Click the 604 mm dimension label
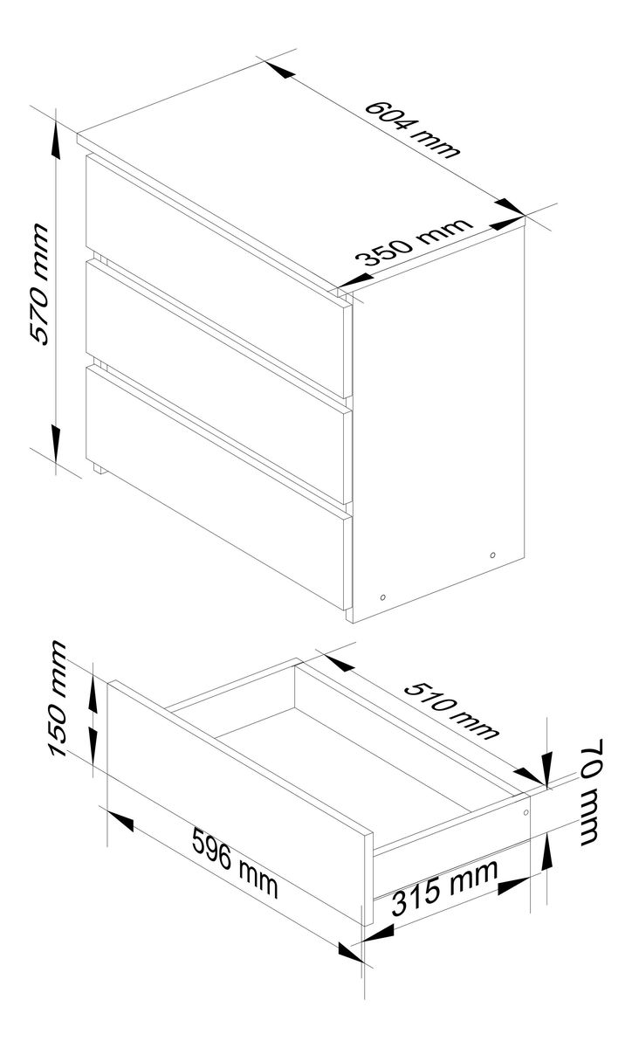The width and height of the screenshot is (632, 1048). click(412, 129)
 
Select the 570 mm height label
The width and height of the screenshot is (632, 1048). click(38, 285)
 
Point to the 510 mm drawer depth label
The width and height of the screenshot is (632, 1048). click(451, 711)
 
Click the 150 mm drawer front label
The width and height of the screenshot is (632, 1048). click(58, 699)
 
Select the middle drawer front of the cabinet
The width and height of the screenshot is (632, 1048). click(216, 381)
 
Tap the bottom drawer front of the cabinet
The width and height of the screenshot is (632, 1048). click(216, 486)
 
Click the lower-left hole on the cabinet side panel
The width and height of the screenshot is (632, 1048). click(383, 597)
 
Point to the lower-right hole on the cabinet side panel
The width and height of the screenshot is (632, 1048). click(492, 555)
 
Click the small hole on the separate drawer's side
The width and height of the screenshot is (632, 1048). click(526, 813)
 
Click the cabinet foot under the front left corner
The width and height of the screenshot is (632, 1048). click(99, 468)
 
